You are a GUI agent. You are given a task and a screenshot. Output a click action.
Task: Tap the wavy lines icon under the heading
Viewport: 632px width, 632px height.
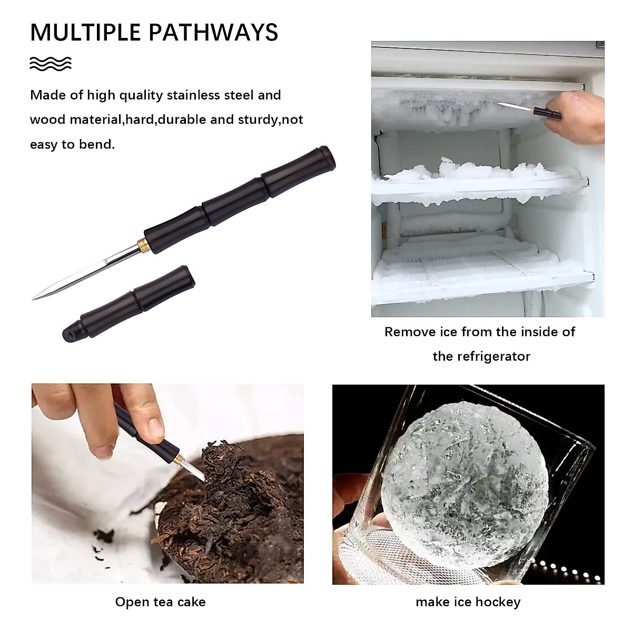tap(51, 64)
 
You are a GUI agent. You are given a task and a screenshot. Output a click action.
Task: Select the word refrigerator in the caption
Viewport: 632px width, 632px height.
tap(481, 357)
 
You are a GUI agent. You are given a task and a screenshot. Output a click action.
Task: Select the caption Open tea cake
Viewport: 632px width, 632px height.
tap(160, 602)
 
